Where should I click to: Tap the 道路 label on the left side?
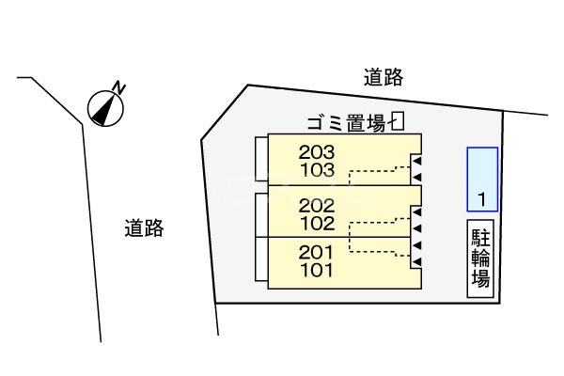coord(144,227)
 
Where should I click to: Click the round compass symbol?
coord(105,108)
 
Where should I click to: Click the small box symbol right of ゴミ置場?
coord(398,121)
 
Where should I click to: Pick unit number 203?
coord(317,152)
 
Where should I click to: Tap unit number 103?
coord(317,170)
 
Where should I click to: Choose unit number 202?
coord(316,206)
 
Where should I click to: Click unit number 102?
coord(316,224)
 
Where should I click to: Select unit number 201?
coord(316,252)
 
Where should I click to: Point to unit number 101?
coord(316,270)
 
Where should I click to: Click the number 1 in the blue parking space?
coord(481,198)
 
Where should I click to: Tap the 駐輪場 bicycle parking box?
coord(479,258)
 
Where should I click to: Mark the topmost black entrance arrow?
coord(415,163)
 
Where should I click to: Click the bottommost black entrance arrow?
coord(415,260)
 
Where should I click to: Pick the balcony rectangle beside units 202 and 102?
coord(261,212)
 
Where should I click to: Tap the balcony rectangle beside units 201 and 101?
coord(261,260)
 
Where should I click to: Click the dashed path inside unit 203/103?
coord(376,171)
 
